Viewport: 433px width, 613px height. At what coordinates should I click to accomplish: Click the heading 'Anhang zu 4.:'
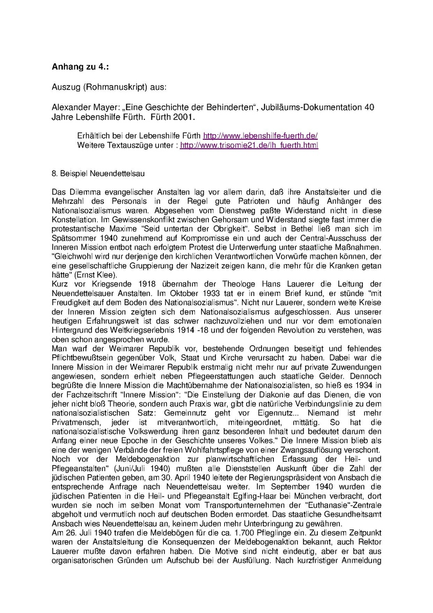pos(77,67)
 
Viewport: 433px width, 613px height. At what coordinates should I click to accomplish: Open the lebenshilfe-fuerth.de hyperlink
pos(261,136)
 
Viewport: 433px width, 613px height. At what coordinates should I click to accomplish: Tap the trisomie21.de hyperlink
pos(249,146)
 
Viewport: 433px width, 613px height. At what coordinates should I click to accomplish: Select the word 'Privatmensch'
pos(77,415)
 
